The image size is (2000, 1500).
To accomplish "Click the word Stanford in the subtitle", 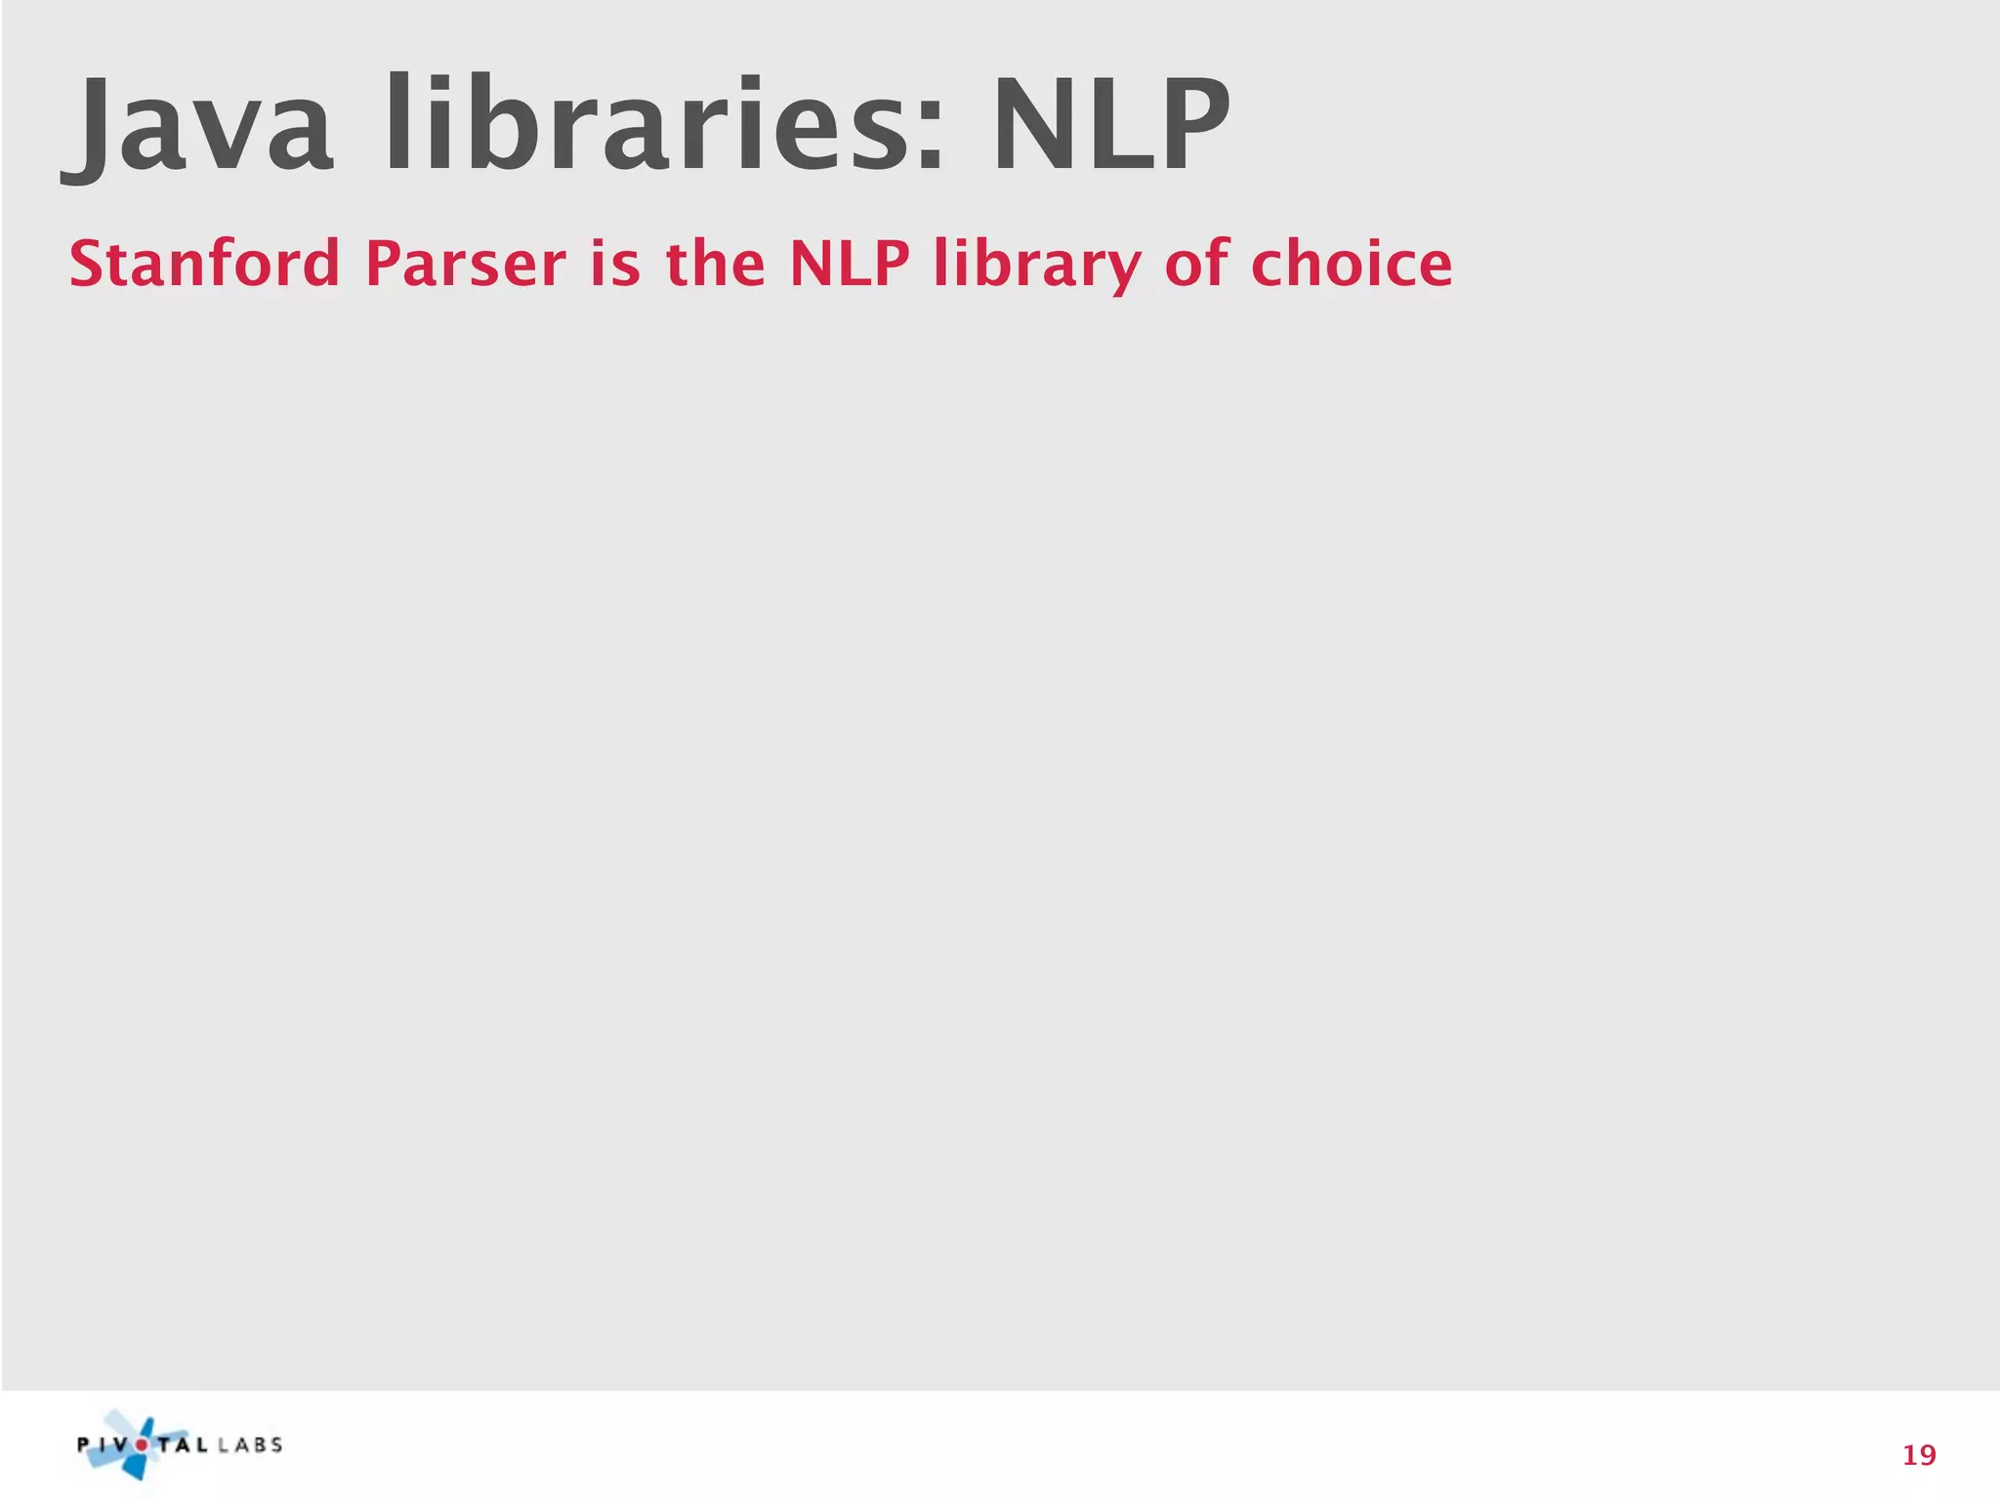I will [x=204, y=264].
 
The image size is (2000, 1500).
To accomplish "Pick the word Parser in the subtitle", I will [x=465, y=264].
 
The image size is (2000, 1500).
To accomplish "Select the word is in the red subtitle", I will [x=615, y=264].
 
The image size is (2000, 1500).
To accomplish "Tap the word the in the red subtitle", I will [x=715, y=264].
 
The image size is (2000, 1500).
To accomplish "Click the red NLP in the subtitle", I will [x=849, y=264].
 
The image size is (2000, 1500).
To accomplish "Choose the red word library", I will [x=1037, y=266].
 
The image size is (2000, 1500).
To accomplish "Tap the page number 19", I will [x=1919, y=1456].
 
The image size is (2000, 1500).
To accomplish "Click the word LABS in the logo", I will [x=250, y=1445].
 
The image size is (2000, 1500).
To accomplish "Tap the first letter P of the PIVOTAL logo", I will [x=84, y=1445].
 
